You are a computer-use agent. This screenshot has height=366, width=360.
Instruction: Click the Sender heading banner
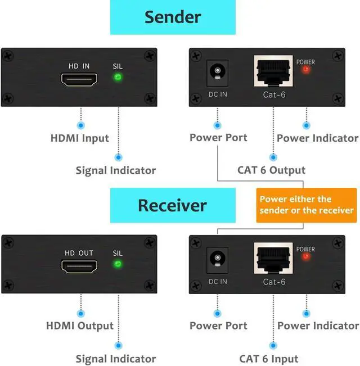click(x=172, y=17)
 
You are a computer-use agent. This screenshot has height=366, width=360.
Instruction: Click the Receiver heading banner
click(x=172, y=205)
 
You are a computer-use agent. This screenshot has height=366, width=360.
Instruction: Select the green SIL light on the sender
click(x=118, y=78)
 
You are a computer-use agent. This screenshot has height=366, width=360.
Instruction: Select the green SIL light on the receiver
click(x=118, y=264)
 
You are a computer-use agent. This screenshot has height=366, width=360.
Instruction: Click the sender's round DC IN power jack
click(x=215, y=72)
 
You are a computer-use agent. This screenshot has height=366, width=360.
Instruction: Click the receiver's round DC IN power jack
click(x=215, y=259)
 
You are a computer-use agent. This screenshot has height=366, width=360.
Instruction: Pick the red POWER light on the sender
click(x=305, y=70)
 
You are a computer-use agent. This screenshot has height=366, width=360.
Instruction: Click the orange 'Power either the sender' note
click(x=307, y=205)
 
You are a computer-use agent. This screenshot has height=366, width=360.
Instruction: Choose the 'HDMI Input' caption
click(x=80, y=138)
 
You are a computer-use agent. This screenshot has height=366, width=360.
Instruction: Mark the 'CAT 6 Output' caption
click(x=272, y=170)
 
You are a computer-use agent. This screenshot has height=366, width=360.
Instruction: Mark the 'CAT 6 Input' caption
click(x=269, y=358)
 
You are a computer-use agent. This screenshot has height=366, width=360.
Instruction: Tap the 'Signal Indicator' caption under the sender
click(x=116, y=170)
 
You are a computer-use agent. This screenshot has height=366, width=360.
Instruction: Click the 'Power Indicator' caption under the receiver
click(x=318, y=326)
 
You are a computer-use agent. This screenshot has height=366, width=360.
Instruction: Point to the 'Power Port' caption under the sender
click(x=218, y=138)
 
